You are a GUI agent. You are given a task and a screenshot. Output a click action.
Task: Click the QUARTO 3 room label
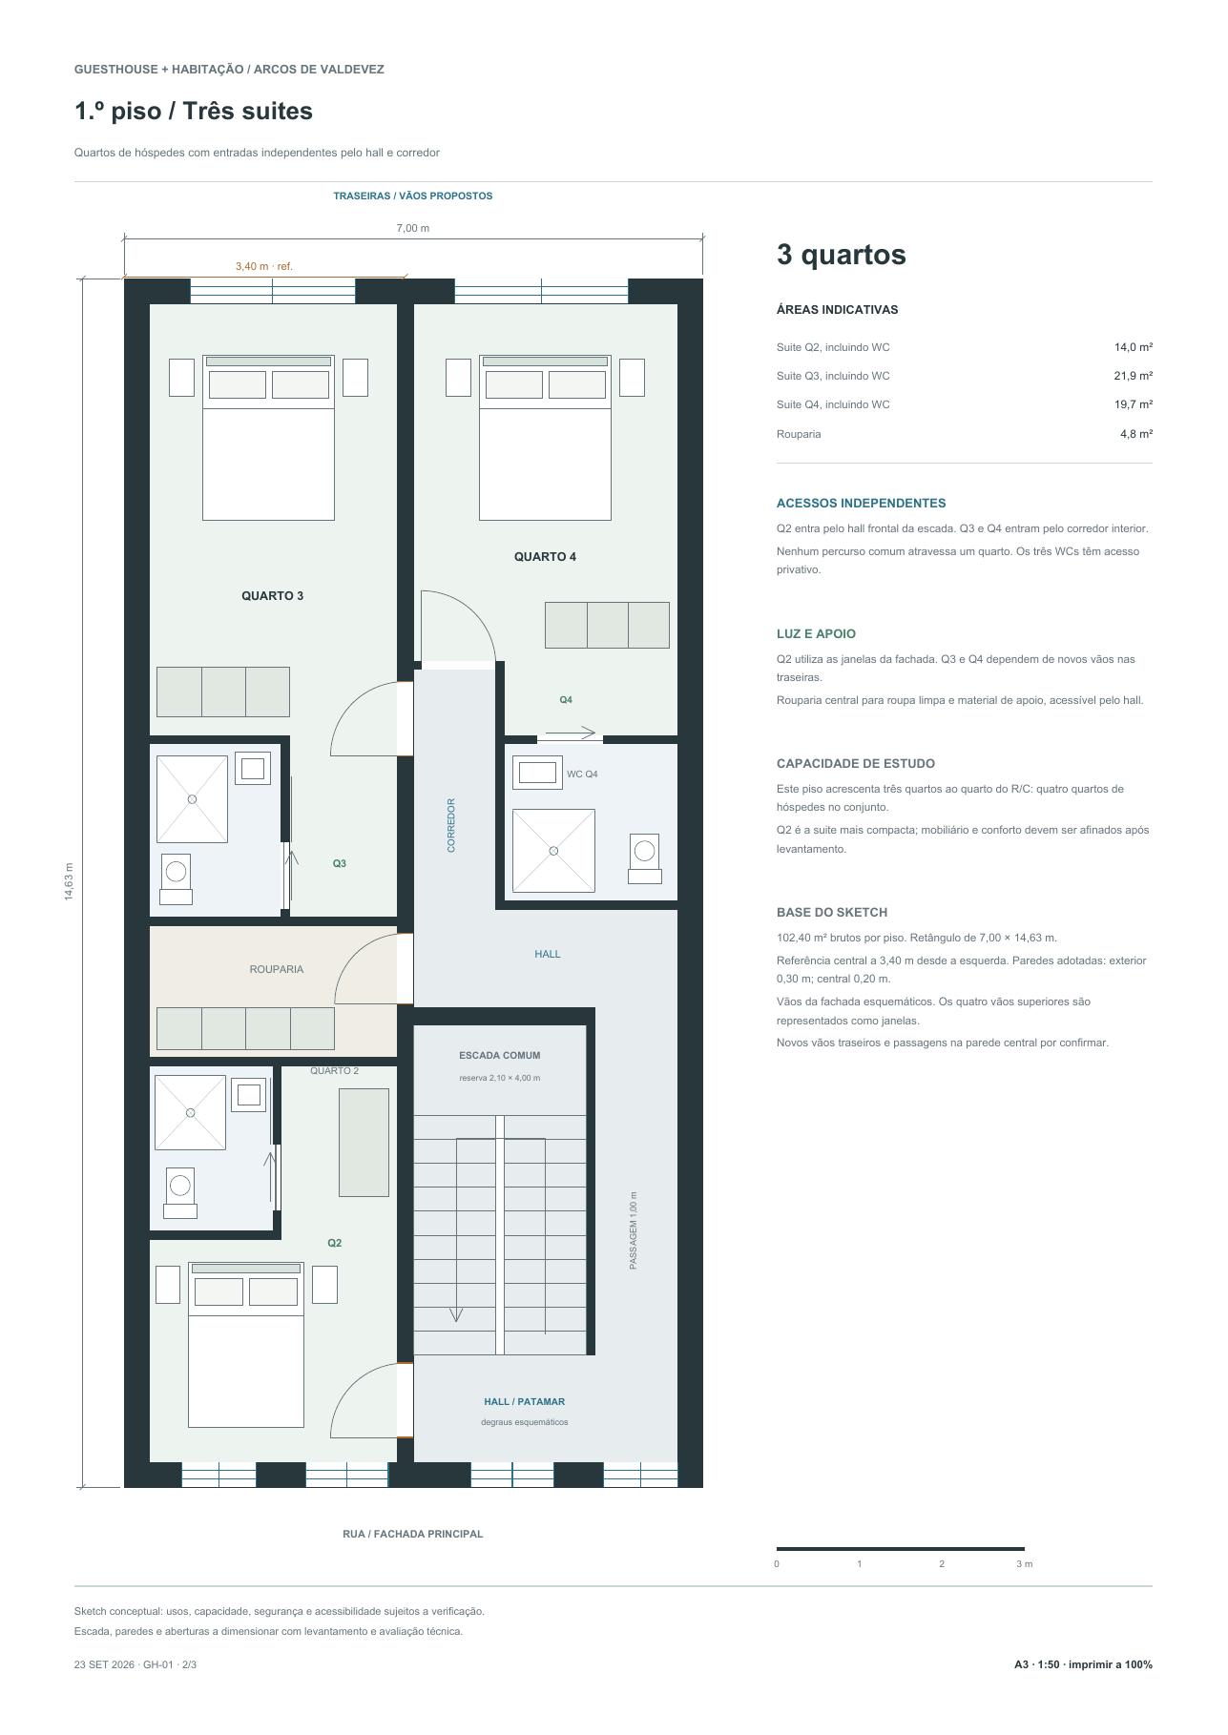272,596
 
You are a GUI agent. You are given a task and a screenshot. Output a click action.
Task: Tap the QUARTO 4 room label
545,557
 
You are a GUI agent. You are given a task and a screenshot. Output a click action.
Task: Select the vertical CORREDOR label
451,825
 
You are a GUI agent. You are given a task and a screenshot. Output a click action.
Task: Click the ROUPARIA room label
277,969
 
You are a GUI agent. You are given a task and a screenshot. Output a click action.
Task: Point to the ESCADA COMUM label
500,1056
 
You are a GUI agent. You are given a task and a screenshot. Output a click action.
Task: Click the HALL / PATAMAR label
525,1402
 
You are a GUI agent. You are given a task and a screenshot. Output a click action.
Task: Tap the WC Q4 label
582,775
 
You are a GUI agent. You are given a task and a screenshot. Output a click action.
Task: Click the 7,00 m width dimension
413,229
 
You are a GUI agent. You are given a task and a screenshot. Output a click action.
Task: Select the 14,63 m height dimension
69,881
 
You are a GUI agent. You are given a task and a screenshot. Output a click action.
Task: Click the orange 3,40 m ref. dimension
264,267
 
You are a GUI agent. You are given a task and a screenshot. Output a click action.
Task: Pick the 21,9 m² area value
1134,376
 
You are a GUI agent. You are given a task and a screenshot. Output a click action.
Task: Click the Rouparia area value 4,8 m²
1136,434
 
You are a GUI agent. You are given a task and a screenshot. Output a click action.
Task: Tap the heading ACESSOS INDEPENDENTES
862,504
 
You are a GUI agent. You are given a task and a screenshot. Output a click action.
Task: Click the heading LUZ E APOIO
816,634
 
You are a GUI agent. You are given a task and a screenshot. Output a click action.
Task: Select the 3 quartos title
842,255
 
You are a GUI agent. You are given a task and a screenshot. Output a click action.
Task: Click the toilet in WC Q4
645,858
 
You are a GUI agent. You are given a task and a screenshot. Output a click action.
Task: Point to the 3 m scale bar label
1024,1564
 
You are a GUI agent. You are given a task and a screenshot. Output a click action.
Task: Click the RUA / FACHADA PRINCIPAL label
413,1535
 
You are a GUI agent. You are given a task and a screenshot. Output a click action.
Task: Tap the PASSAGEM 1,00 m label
634,1230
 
